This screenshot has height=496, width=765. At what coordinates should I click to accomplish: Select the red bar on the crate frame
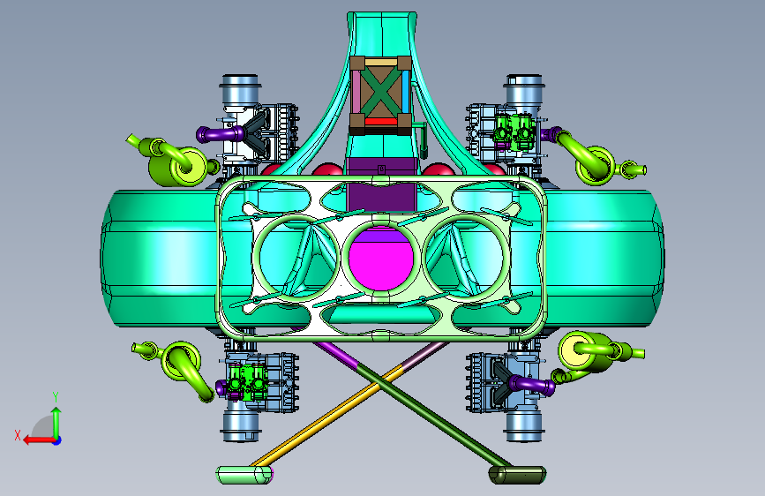pyautogui.click(x=381, y=121)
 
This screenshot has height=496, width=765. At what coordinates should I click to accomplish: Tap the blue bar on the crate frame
pyautogui.click(x=406, y=92)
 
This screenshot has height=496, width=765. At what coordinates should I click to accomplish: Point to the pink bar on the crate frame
pyautogui.click(x=356, y=92)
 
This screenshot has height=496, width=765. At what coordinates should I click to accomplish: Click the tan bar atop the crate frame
pyautogui.click(x=381, y=62)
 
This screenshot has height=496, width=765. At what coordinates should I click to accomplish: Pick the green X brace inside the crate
pyautogui.click(x=381, y=92)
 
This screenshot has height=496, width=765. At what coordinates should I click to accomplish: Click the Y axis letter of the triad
pyautogui.click(x=56, y=396)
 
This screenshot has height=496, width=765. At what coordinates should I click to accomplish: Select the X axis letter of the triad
pyautogui.click(x=18, y=435)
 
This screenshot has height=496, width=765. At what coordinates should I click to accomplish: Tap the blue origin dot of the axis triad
pyautogui.click(x=57, y=440)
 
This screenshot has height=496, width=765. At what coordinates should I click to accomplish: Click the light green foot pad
pyautogui.click(x=244, y=475)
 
